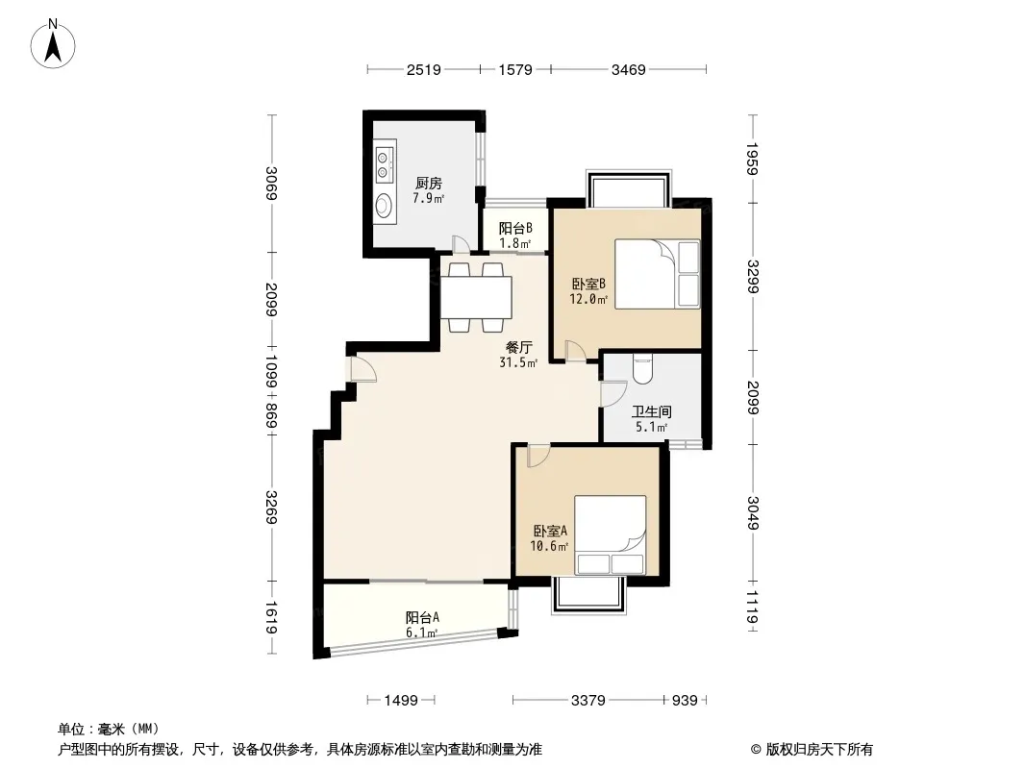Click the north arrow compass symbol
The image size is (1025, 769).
coord(53,44)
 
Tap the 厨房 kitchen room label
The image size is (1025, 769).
coord(428,184)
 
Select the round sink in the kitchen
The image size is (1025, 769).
coord(384,205)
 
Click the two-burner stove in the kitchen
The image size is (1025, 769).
coord(384,163)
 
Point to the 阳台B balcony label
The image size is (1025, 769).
coord(515,228)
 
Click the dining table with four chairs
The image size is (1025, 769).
coord(476,297)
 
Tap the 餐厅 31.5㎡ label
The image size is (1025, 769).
coord(518,355)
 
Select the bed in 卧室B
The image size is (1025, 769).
coord(657,274)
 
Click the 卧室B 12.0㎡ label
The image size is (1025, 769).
coord(589,291)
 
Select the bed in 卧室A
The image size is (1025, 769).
coord(611,535)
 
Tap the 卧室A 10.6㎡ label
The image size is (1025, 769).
coord(549,538)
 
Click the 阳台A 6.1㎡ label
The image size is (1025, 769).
coord(422,625)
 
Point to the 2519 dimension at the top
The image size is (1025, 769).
coord(424,69)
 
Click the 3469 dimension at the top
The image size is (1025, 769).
coord(628,69)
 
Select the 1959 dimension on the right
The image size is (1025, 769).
coord(753,159)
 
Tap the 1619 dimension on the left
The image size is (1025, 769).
coord(271,617)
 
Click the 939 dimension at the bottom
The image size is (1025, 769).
coord(685,701)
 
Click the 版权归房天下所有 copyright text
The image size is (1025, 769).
coord(819,750)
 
